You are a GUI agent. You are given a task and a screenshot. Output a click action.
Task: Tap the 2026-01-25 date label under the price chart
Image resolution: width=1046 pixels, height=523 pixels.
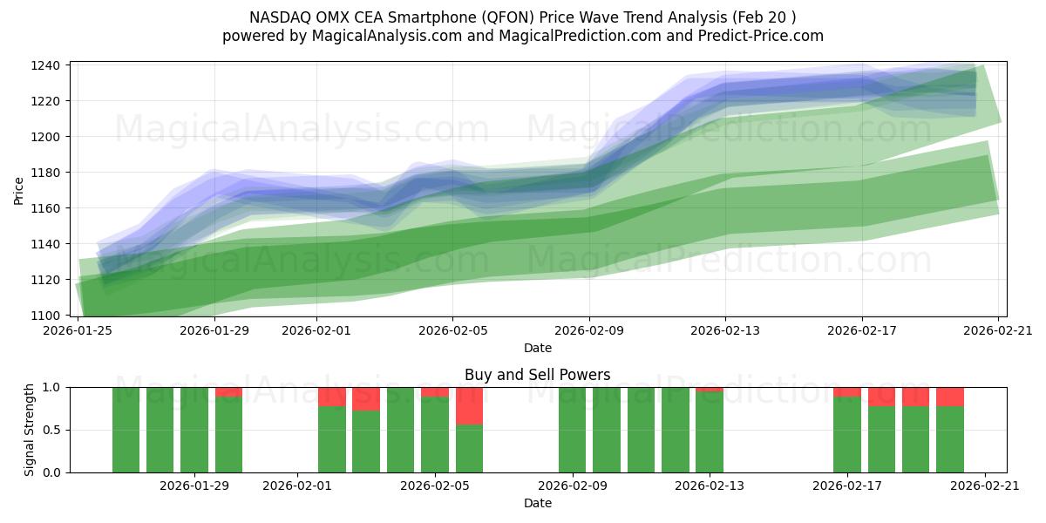(x=78, y=330)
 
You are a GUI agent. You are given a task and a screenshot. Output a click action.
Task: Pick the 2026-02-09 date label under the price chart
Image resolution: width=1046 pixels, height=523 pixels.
(x=589, y=330)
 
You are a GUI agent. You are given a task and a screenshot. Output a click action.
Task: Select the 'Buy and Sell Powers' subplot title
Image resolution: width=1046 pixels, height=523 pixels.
(x=537, y=375)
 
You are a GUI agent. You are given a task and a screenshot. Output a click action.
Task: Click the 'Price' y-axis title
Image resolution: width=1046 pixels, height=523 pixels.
(x=19, y=190)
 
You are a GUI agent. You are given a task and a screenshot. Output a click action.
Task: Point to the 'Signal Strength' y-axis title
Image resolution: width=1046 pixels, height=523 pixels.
(x=30, y=430)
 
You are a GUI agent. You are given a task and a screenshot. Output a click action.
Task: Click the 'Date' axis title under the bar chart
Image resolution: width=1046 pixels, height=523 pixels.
(x=537, y=503)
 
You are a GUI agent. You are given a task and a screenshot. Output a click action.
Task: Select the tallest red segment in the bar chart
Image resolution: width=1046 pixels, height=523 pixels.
(x=469, y=405)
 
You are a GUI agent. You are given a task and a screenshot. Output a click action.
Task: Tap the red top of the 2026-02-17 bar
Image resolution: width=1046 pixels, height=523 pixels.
(x=846, y=391)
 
